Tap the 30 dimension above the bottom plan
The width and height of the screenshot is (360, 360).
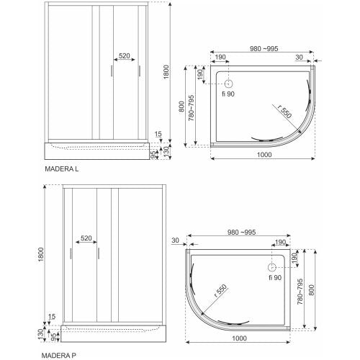coord(175,240)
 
